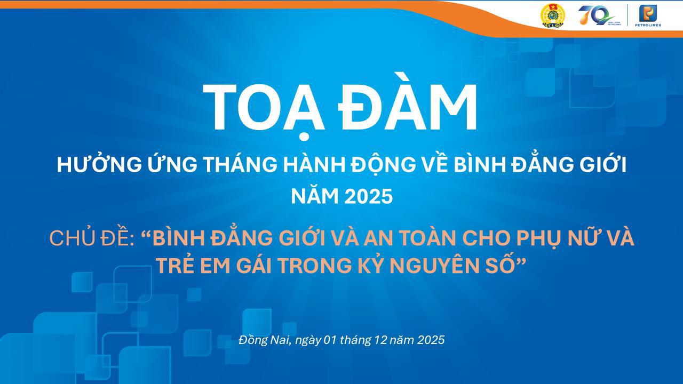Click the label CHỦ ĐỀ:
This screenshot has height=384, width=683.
click(x=91, y=238)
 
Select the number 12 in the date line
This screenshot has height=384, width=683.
click(x=379, y=340)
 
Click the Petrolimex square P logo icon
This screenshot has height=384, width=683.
click(x=649, y=13)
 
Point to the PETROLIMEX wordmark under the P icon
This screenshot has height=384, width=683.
click(x=649, y=25)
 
